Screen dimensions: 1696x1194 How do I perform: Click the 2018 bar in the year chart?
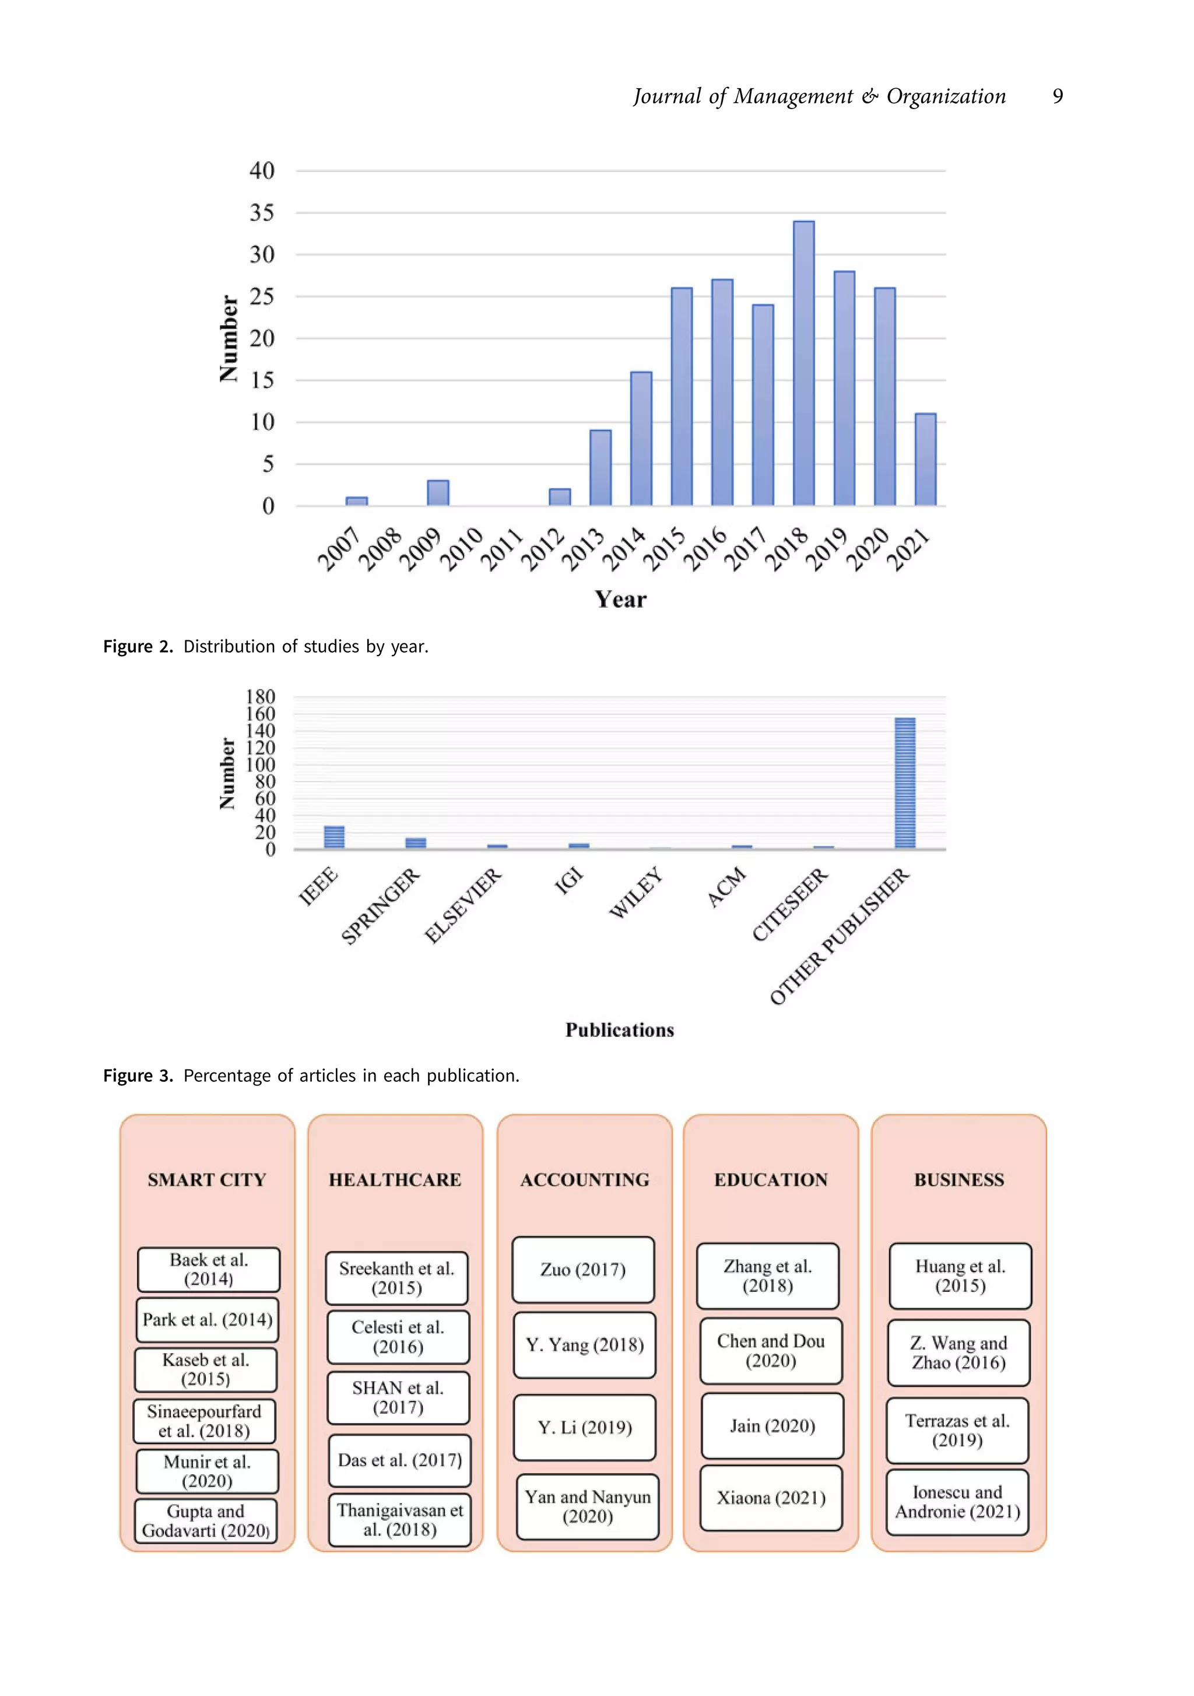click(x=803, y=363)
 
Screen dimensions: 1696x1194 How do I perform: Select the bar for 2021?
click(x=925, y=460)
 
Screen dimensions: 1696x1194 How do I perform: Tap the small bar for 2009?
click(x=438, y=493)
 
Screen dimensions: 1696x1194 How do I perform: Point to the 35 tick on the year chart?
click(x=261, y=213)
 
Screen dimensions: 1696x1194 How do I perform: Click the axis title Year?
click(x=620, y=599)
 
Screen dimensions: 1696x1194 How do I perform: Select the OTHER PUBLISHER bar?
click(x=905, y=783)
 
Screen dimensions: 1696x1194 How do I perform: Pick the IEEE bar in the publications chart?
click(x=333, y=837)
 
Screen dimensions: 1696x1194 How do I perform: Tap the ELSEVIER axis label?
click(x=463, y=906)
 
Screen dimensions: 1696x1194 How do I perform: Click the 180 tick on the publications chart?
click(x=260, y=696)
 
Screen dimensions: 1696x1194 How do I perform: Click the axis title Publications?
click(x=620, y=1030)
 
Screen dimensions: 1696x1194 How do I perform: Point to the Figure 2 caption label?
click(x=138, y=646)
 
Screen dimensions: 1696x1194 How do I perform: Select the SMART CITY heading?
click(x=207, y=1180)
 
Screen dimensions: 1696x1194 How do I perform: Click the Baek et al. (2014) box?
click(x=208, y=1269)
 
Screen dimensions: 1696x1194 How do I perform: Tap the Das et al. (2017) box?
click(x=399, y=1460)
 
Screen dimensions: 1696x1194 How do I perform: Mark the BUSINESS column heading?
click(x=958, y=1180)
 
